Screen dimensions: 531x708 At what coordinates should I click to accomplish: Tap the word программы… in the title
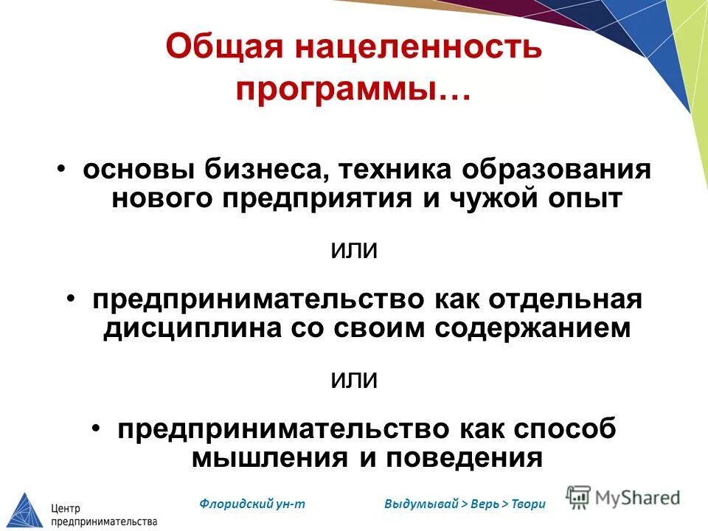click(353, 90)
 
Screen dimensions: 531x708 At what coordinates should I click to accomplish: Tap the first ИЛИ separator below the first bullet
click(353, 251)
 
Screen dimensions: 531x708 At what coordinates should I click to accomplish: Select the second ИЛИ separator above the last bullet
click(353, 381)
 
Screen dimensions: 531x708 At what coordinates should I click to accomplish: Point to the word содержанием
click(533, 328)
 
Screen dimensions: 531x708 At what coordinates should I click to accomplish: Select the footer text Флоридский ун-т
click(252, 504)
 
